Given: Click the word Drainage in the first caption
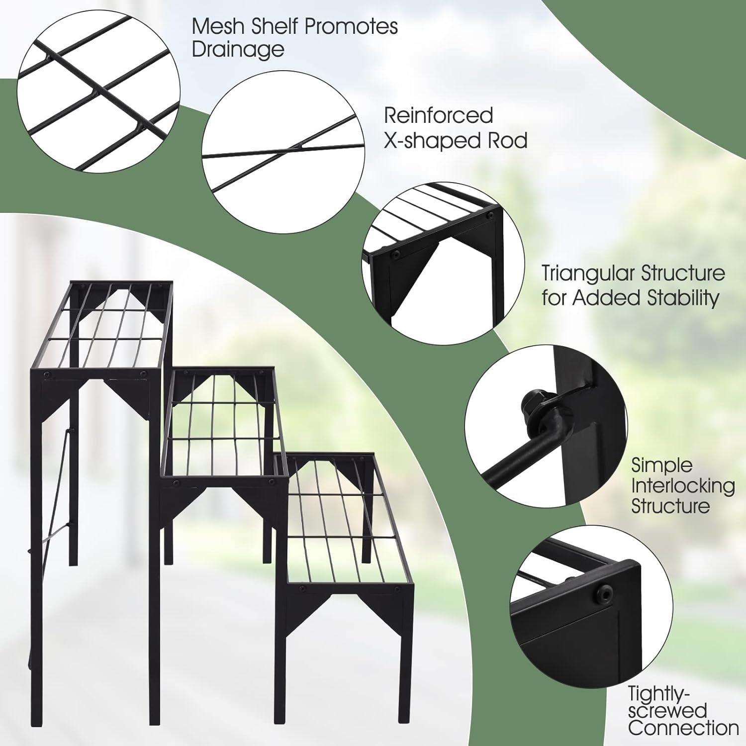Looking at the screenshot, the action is click(x=238, y=50).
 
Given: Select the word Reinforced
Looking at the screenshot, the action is click(x=438, y=115).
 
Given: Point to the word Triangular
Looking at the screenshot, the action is click(x=587, y=274).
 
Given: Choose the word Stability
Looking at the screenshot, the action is click(x=683, y=298).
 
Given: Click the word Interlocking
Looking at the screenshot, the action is click(x=683, y=486).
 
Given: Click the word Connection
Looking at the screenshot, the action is click(x=683, y=728).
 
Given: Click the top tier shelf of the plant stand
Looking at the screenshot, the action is click(x=102, y=326).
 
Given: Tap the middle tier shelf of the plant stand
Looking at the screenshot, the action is click(x=224, y=423).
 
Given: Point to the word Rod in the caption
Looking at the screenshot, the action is click(x=507, y=140).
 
